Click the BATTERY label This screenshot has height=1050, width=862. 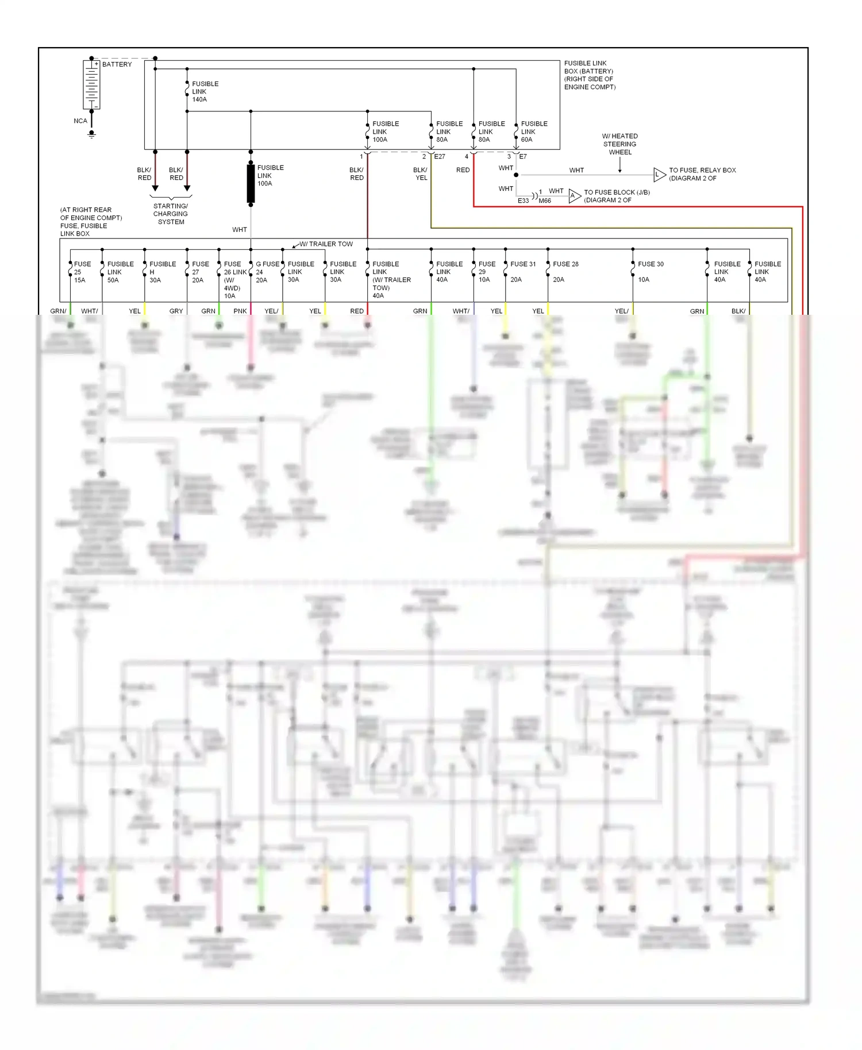click(117, 64)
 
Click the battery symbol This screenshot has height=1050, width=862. click(91, 84)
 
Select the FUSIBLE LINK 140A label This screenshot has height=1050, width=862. click(205, 91)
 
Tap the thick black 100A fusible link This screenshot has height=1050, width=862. click(251, 183)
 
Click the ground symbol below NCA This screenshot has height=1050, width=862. click(91, 134)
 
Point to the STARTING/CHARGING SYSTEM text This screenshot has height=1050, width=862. click(171, 214)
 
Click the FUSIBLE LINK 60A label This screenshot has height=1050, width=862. click(533, 132)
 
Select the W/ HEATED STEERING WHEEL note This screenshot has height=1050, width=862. click(619, 144)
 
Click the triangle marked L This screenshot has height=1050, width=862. click(659, 175)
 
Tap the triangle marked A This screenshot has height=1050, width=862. click(574, 196)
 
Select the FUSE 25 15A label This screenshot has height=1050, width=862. click(82, 272)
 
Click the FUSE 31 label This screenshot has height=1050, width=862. click(522, 264)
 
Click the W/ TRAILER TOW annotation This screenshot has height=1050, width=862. click(326, 244)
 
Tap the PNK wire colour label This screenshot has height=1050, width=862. click(240, 311)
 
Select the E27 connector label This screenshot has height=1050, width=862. click(440, 156)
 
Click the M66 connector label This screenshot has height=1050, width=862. click(544, 200)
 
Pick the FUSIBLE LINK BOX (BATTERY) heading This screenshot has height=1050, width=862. click(589, 75)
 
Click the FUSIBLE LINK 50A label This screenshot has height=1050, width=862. click(120, 272)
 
